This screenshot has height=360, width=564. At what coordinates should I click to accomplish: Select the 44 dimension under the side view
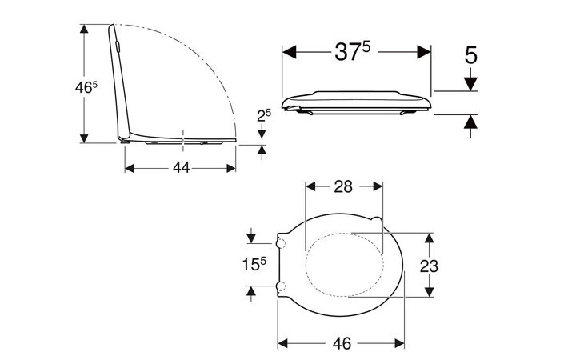[181, 168]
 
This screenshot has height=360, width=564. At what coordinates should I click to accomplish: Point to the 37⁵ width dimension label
[353, 52]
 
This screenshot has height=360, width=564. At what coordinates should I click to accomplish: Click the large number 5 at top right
[470, 55]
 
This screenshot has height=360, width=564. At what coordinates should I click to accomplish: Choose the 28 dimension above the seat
[342, 186]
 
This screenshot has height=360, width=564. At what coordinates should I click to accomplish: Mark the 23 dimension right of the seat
[429, 266]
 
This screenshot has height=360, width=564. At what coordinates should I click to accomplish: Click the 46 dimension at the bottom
[342, 343]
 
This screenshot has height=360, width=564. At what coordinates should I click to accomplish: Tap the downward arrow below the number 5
[470, 82]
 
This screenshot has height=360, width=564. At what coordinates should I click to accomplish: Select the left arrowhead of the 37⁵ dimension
[290, 52]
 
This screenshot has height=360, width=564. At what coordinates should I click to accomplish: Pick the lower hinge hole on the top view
[282, 286]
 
